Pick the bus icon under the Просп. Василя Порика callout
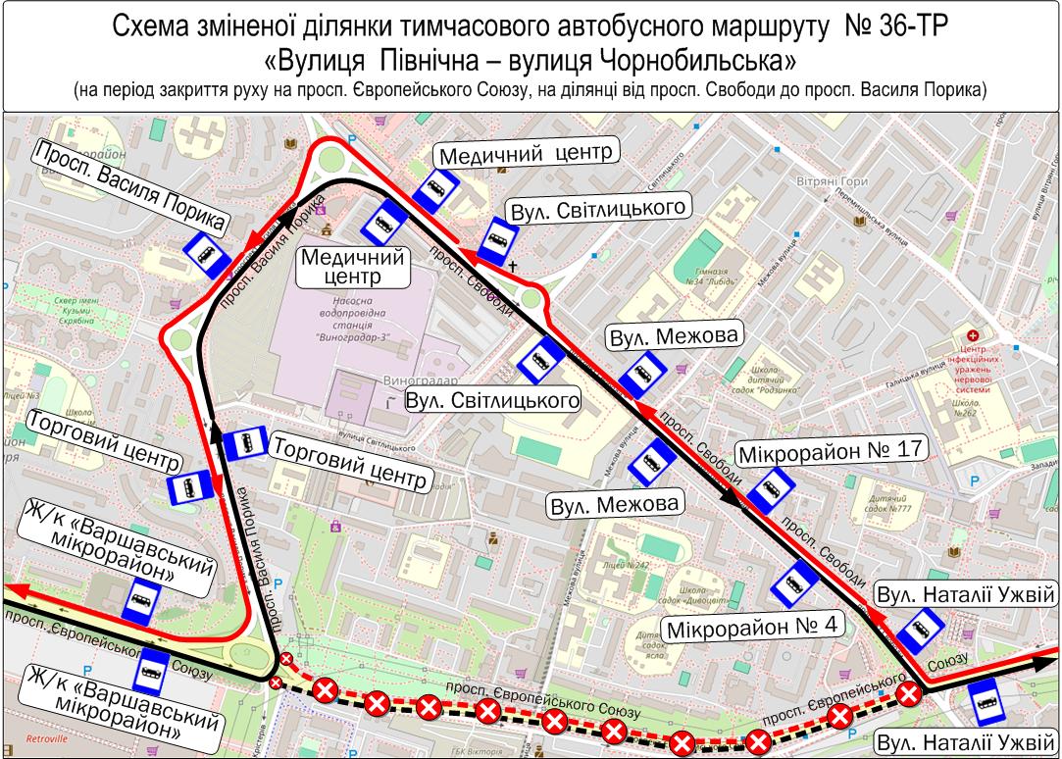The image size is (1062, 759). [205, 256]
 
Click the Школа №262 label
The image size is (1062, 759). [965, 408]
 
